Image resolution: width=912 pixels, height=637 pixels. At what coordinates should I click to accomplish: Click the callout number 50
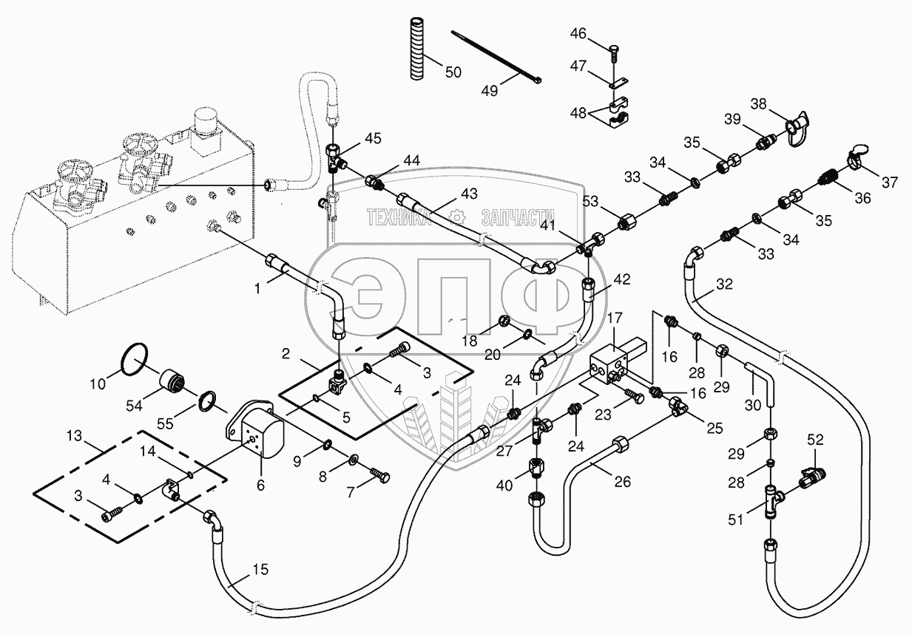point(453,72)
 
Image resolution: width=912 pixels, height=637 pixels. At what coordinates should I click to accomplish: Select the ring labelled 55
point(209,401)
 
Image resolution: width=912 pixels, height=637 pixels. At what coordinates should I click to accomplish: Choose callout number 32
point(725,283)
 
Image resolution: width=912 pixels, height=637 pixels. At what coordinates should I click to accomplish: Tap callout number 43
point(469,194)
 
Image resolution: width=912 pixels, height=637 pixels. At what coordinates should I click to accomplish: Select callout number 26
point(623,483)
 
